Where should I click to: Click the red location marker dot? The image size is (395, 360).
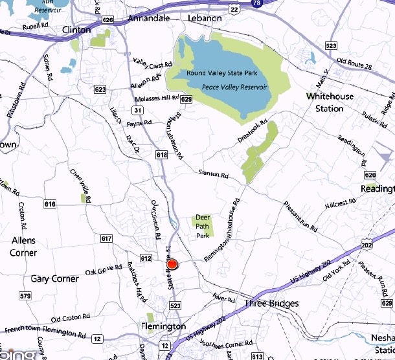tap(172, 264)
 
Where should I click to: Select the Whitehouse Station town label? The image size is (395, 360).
tap(330, 102)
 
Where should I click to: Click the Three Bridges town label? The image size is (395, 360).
tap(272, 304)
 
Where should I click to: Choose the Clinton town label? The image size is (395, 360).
tap(77, 30)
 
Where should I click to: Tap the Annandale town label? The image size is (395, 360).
tap(148, 18)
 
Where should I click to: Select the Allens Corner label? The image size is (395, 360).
tap(23, 247)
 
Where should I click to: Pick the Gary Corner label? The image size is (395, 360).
tap(54, 279)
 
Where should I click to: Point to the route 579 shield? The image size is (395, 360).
tap(25, 296)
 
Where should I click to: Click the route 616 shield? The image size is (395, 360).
tap(51, 205)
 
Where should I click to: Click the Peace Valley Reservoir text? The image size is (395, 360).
tap(236, 86)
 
